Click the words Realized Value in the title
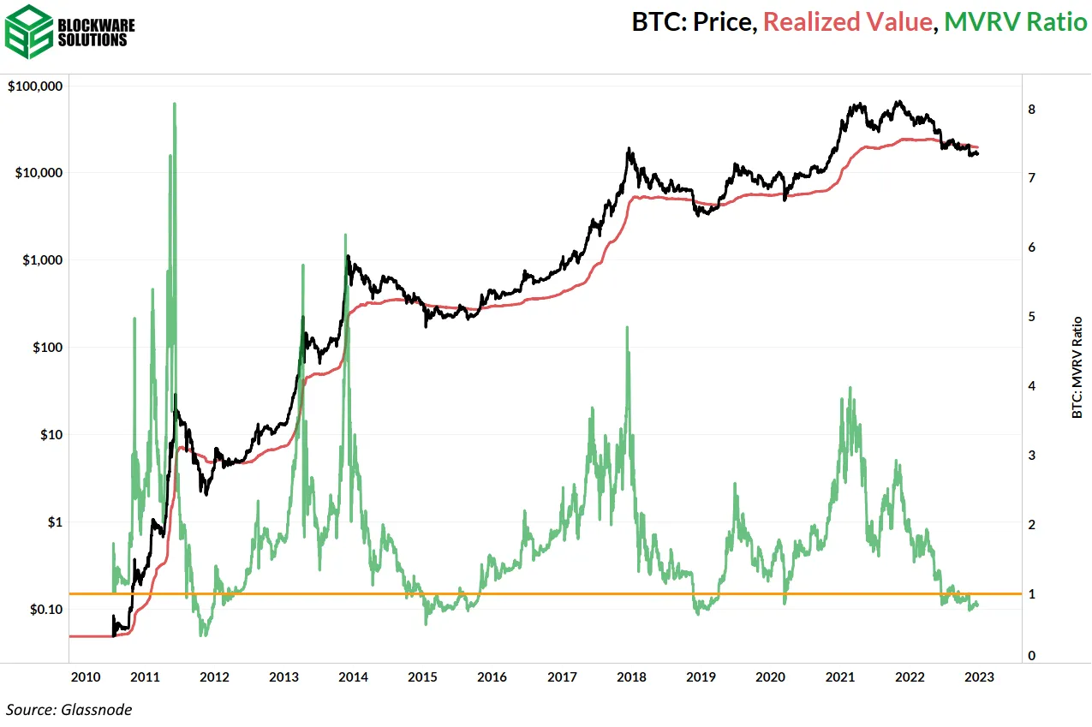point(846,22)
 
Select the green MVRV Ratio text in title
point(1014,22)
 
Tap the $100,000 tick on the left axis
point(35,86)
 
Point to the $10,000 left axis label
point(39,173)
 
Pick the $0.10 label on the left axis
point(45,609)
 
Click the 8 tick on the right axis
point(1032,110)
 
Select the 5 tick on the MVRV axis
point(1032,317)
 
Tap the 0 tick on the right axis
point(1032,656)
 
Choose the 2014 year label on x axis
point(354,677)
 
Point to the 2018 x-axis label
point(632,677)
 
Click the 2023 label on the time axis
point(979,677)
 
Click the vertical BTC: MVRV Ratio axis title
point(1077,367)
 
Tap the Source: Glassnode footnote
point(69,709)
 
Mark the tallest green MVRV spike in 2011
point(175,104)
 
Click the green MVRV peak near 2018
point(628,327)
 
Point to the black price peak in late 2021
point(898,102)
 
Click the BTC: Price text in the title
point(693,22)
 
